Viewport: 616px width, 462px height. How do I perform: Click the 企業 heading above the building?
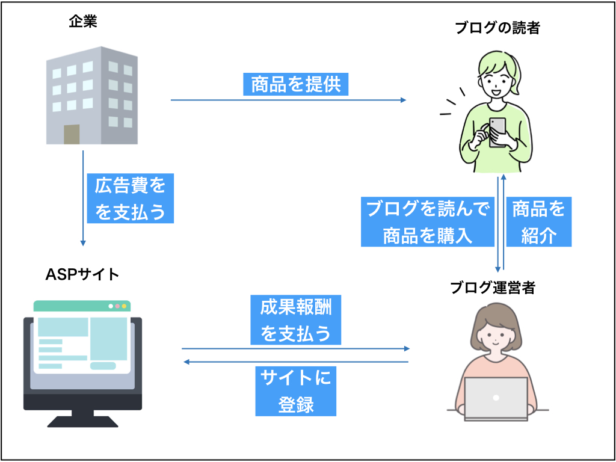[x=83, y=22]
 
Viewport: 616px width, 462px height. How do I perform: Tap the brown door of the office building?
[x=72, y=134]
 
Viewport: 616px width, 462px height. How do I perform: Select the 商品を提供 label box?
[x=295, y=84]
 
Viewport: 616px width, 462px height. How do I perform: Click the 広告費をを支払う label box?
[x=130, y=199]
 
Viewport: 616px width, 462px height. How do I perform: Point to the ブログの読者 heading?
[x=497, y=28]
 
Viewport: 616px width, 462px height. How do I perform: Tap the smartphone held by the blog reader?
[x=497, y=132]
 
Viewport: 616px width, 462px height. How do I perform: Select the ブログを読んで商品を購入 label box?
[x=428, y=221]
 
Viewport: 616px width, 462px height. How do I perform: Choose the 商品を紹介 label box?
[x=538, y=221]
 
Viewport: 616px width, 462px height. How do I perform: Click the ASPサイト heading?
[x=82, y=274]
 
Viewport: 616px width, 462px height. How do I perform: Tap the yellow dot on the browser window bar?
[x=124, y=306]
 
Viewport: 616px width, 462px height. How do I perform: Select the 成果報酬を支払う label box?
[x=295, y=320]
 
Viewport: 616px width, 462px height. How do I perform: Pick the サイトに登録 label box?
[x=295, y=391]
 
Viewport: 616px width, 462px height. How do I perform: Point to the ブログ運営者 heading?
[x=492, y=289]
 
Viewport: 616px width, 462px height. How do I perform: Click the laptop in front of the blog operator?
[x=496, y=399]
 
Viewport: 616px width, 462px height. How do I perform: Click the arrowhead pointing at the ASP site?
[x=187, y=362]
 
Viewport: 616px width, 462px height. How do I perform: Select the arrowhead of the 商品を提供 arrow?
[x=402, y=100]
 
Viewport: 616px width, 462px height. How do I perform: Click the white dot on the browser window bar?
[x=111, y=306]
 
